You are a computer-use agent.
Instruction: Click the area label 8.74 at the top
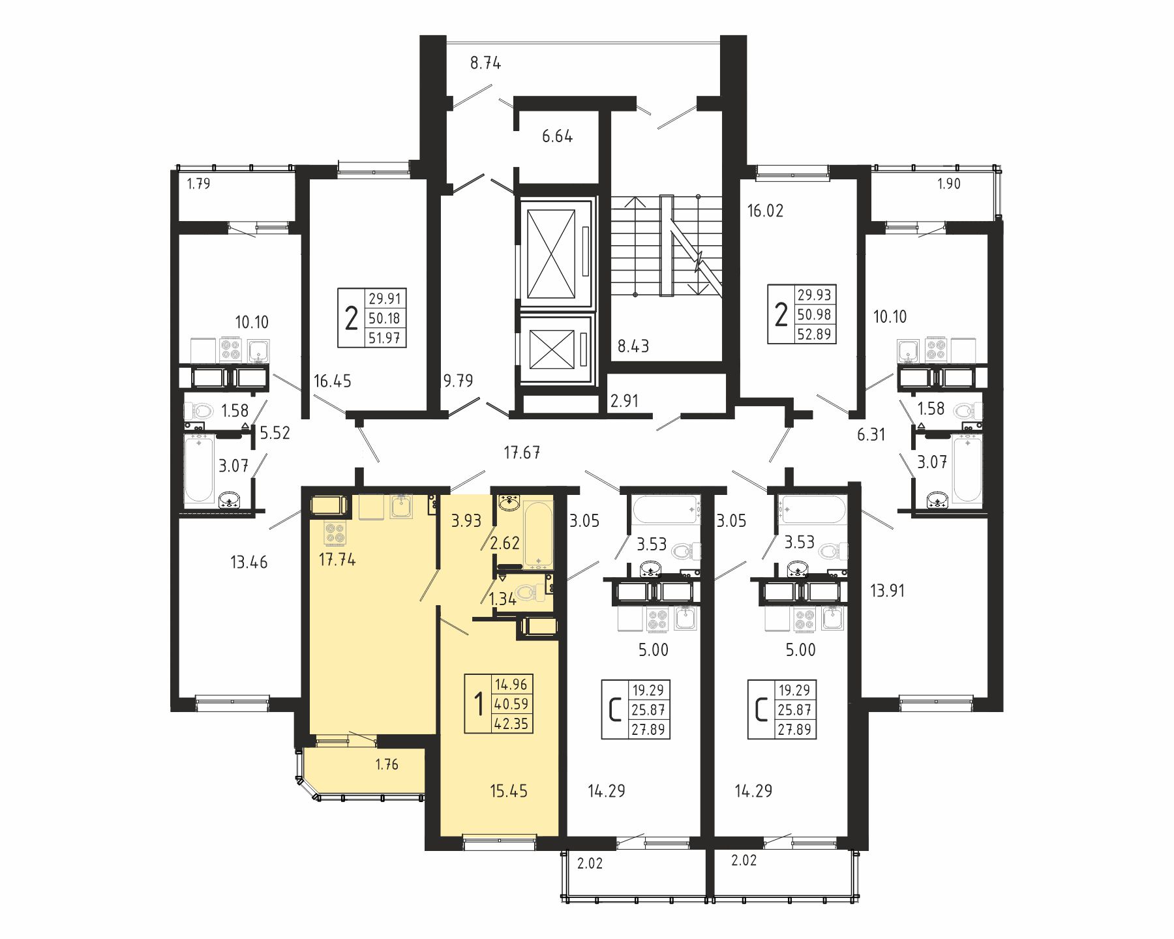point(485,63)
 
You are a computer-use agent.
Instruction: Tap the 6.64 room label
point(557,136)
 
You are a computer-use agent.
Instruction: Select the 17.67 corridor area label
point(522,453)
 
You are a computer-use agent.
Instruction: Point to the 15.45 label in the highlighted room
point(509,791)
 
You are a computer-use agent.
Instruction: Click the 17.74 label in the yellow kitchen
point(337,559)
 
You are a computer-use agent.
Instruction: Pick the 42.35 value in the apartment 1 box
point(511,724)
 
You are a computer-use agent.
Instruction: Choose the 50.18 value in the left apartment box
point(385,318)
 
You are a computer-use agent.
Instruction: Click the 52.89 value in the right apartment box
point(815,334)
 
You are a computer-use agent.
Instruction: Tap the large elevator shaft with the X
point(551,253)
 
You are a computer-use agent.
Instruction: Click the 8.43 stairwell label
point(633,346)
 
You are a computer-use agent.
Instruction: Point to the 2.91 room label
point(624,401)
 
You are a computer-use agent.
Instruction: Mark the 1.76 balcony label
point(387,764)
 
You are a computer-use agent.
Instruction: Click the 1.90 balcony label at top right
point(949,184)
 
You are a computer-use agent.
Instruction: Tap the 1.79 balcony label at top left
point(199,184)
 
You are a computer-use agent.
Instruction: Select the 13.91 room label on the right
point(888,591)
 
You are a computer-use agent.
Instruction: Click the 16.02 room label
point(765,211)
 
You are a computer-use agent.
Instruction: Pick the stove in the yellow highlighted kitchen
point(335,533)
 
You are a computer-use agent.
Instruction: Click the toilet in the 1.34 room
point(529,593)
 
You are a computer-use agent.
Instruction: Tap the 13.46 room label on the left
point(249,562)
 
